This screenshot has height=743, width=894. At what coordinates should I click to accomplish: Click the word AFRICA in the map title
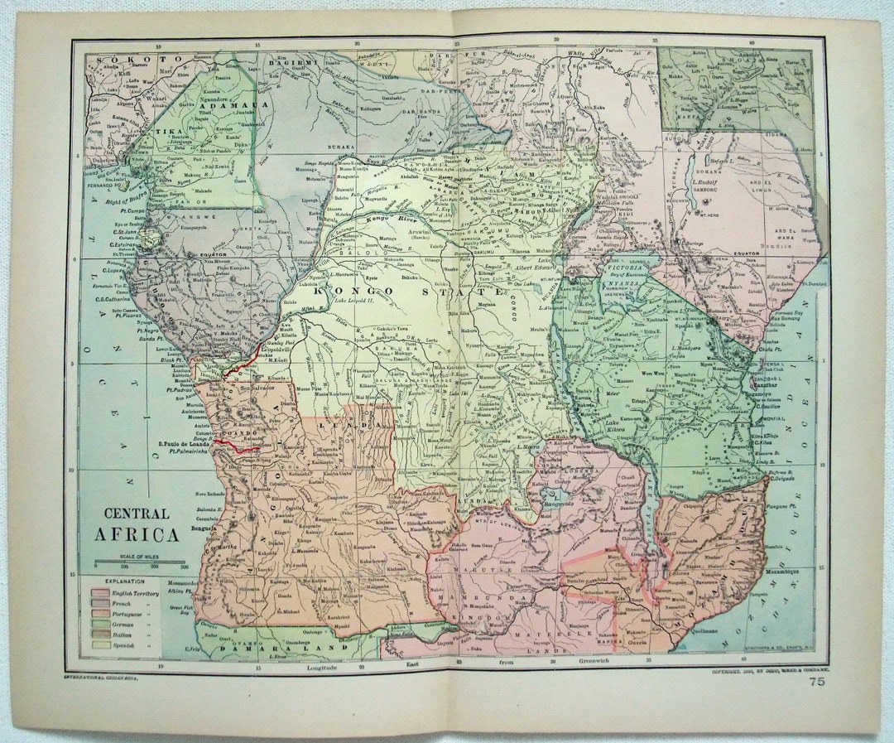tap(136, 534)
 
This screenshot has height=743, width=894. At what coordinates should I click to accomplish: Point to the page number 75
tap(817, 682)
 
